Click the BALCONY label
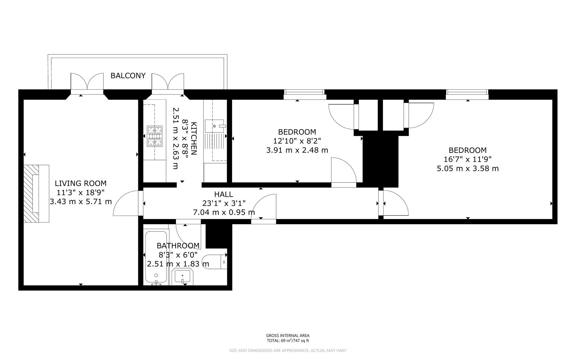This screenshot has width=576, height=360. tap(128, 76)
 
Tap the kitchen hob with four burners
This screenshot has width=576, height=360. tap(155, 136)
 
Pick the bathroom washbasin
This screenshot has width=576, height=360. tap(182, 277)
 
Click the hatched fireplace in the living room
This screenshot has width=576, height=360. tap(31, 193)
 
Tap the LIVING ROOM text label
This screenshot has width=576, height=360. tap(81, 183)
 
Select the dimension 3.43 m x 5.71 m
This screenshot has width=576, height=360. tap(81, 201)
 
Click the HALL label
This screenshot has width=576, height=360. tap(223, 194)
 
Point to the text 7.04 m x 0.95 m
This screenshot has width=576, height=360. tap(224, 212)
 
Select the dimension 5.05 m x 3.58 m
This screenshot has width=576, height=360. tap(468, 168)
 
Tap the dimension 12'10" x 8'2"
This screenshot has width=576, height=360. tap(297, 141)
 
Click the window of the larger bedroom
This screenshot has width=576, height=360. tap(467, 93)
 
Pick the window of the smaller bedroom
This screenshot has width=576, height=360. tap(304, 93)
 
